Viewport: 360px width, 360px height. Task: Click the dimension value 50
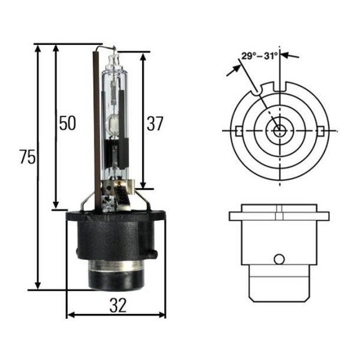click(67, 123)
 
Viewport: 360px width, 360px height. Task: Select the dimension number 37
click(155, 123)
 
